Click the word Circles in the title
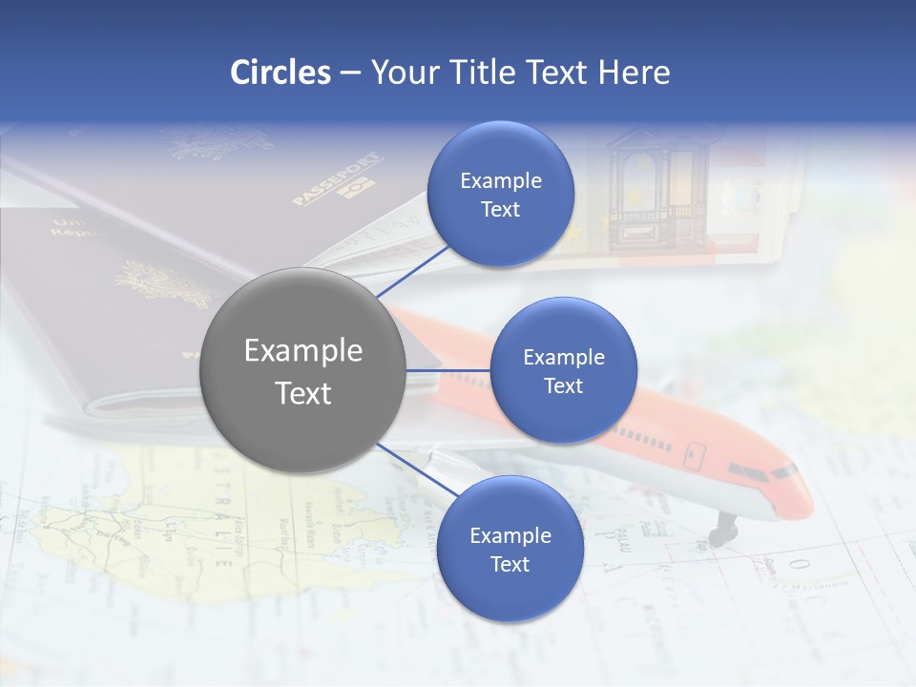click(280, 73)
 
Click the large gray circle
click(302, 370)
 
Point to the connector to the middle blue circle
click(448, 370)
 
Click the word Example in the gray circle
click(302, 350)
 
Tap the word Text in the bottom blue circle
click(510, 564)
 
